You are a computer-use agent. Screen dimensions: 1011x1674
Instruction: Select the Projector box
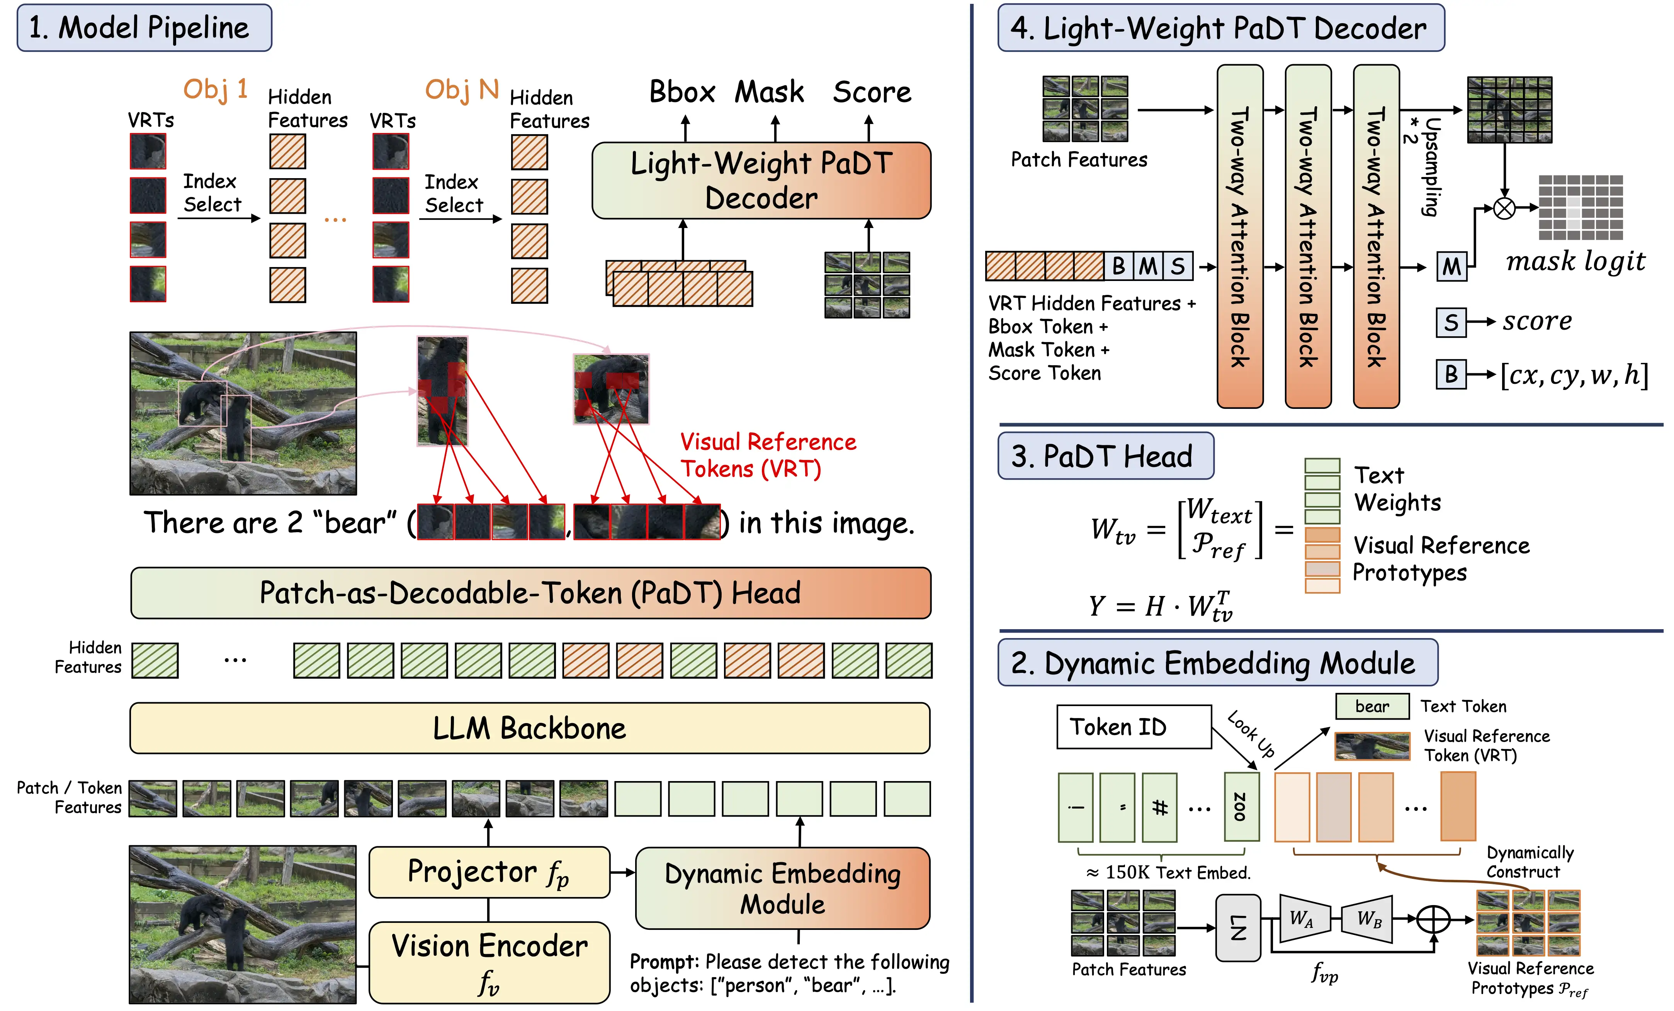pyautogui.click(x=489, y=872)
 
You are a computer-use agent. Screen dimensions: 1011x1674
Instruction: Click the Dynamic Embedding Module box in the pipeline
pyautogui.click(x=783, y=888)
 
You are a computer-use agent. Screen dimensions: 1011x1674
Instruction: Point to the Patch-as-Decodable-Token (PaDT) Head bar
pyautogui.click(x=530, y=592)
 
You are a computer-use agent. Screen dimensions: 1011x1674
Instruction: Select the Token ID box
pyautogui.click(x=1133, y=727)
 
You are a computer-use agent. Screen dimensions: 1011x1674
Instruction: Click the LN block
pyautogui.click(x=1238, y=928)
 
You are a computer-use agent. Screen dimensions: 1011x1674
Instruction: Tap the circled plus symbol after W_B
pyautogui.click(x=1433, y=920)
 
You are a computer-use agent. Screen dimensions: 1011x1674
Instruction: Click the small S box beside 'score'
pyautogui.click(x=1450, y=322)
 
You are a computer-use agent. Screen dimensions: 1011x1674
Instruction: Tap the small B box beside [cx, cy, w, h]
pyautogui.click(x=1450, y=374)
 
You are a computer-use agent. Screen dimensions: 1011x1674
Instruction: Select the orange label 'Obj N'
pyautogui.click(x=462, y=89)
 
